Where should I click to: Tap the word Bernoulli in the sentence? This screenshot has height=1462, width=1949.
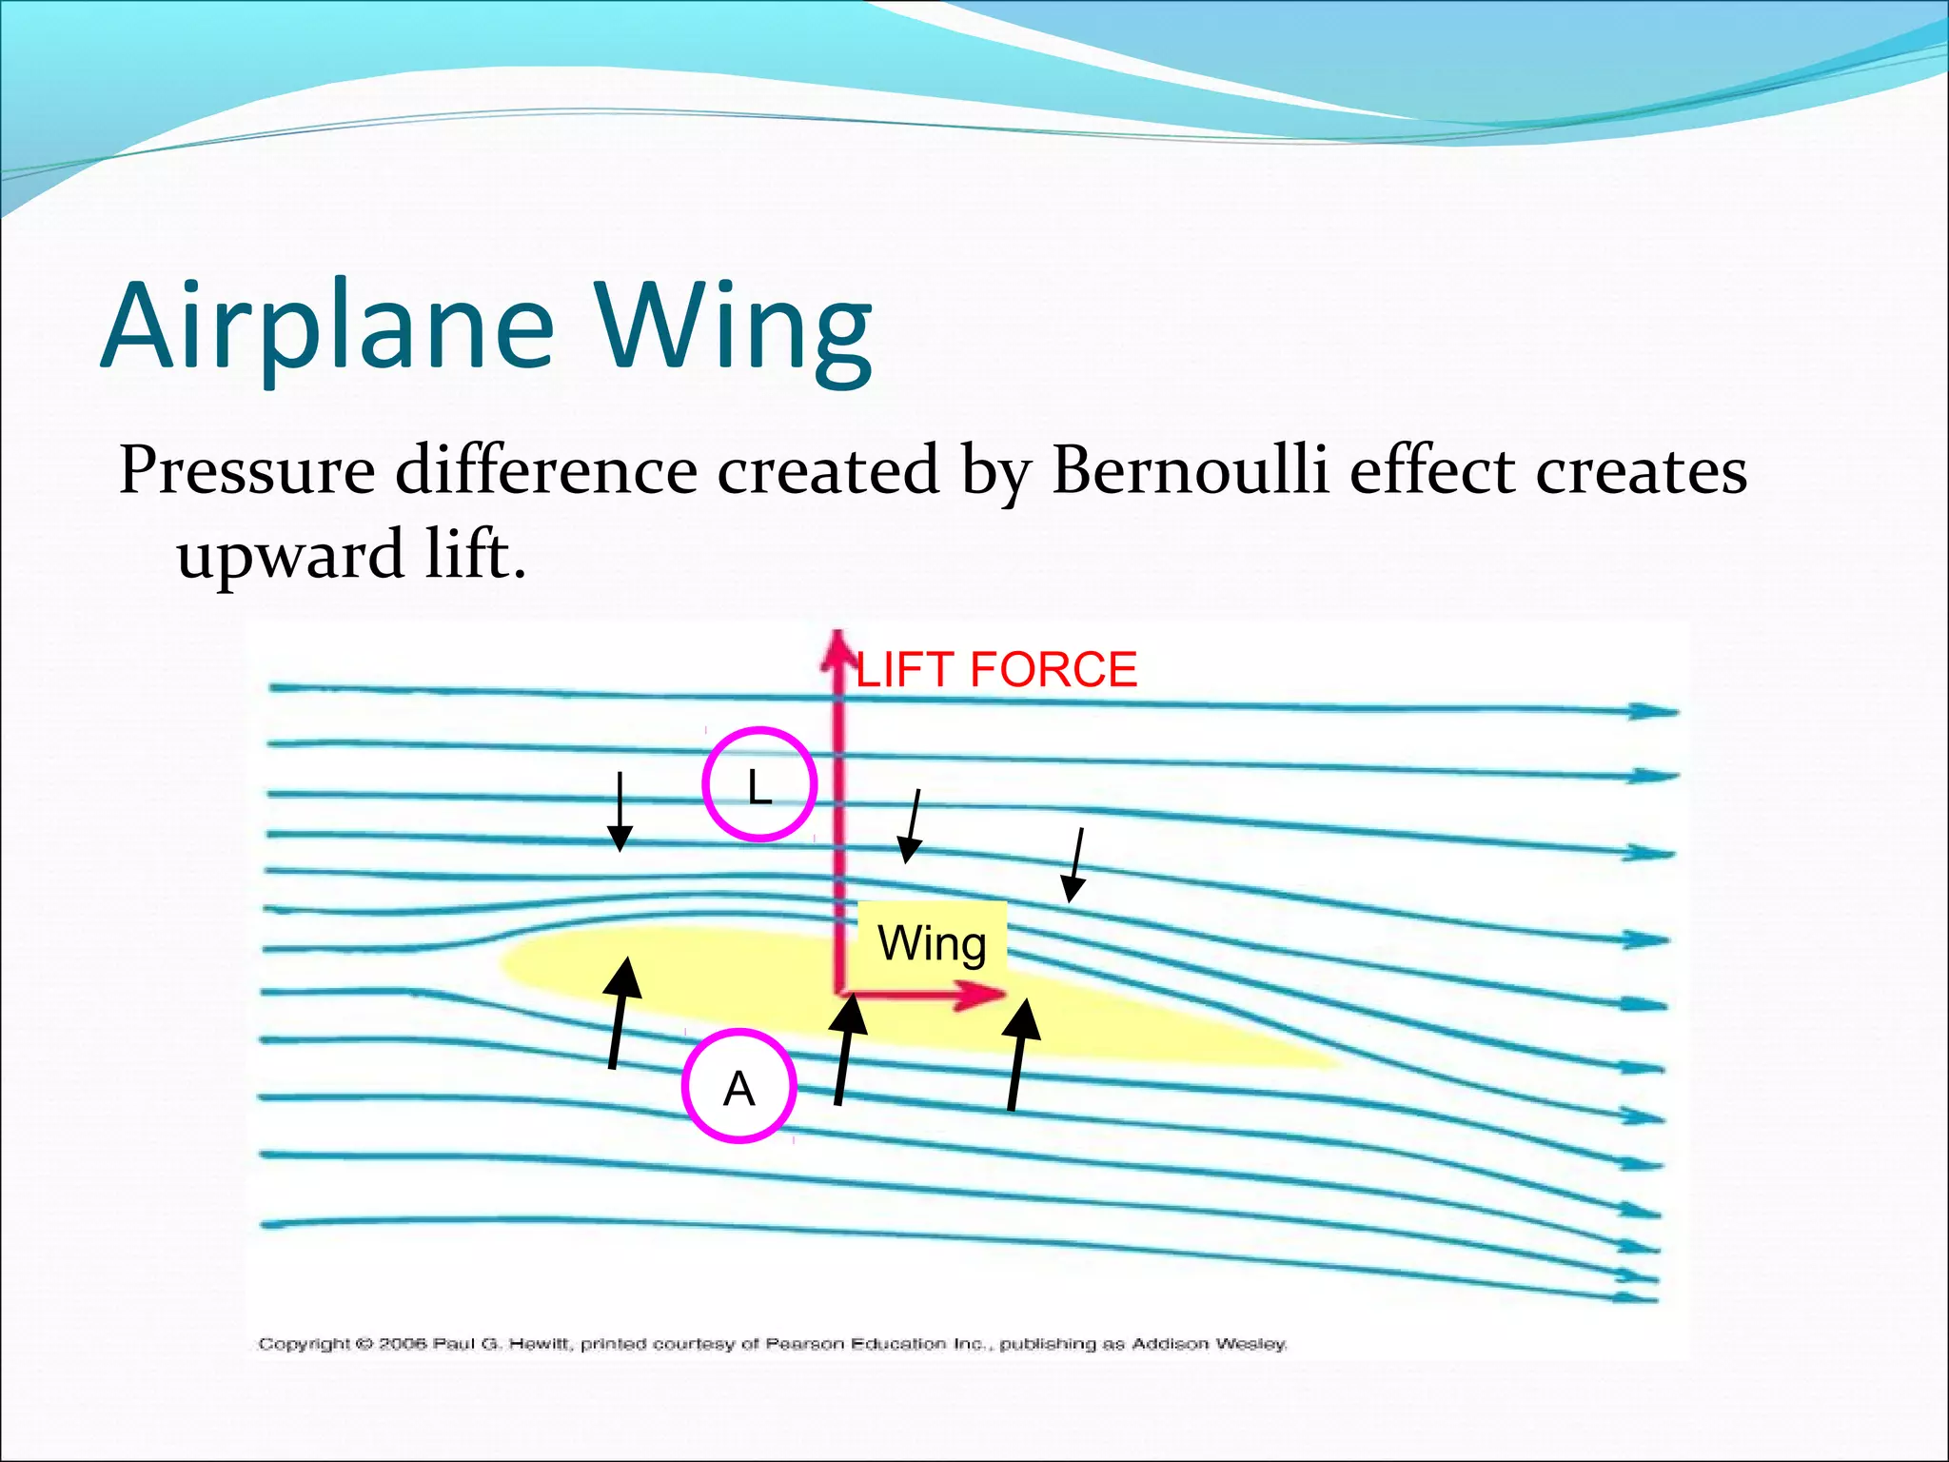[1190, 470]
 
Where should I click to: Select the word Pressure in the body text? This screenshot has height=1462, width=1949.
[246, 470]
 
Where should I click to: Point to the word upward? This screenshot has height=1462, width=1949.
[290, 555]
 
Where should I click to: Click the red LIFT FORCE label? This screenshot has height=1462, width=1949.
[996, 669]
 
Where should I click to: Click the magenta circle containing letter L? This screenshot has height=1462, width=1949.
[759, 784]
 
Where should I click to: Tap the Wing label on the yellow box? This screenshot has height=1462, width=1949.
[932, 943]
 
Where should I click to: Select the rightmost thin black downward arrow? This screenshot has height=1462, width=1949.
[1076, 865]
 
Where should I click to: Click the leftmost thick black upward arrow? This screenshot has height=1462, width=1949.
[620, 1013]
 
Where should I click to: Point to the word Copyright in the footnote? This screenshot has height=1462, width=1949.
[305, 1344]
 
